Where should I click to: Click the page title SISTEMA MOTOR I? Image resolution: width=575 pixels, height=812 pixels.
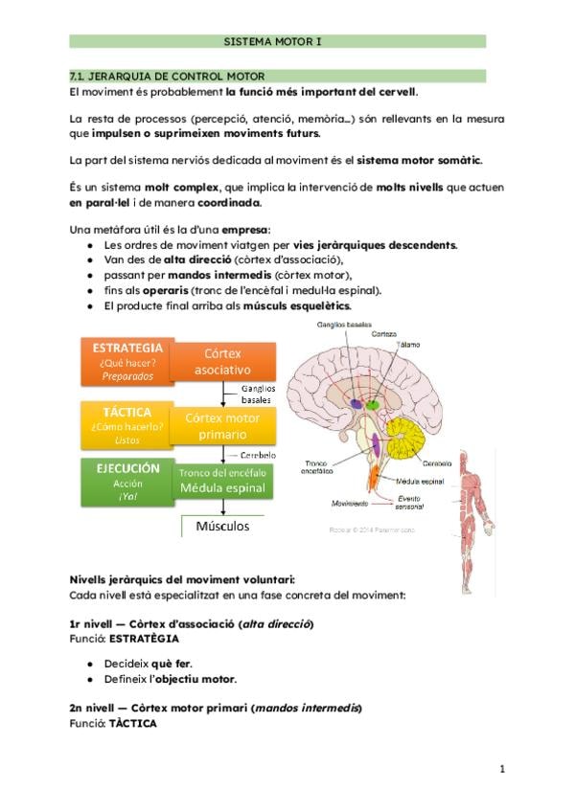pyautogui.click(x=276, y=41)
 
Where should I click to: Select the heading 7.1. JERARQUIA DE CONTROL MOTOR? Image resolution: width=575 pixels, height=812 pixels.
pyautogui.click(x=168, y=76)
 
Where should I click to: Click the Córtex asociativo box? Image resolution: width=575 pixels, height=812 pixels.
pyautogui.click(x=222, y=361)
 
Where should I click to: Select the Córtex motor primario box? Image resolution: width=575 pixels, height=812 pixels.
pyautogui.click(x=222, y=426)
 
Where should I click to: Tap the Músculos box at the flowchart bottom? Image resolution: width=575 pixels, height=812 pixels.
pyautogui.click(x=222, y=526)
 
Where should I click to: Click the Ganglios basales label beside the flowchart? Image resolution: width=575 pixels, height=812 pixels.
pyautogui.click(x=257, y=394)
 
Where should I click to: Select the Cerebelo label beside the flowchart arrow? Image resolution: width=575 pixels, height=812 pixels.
pyautogui.click(x=258, y=455)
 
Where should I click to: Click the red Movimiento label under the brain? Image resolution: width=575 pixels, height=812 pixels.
pyautogui.click(x=349, y=503)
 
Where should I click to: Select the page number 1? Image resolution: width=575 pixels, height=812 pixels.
pyautogui.click(x=501, y=769)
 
